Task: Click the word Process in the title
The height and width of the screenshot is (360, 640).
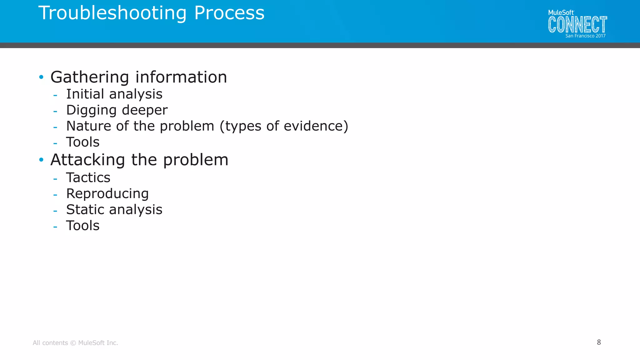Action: coord(229,13)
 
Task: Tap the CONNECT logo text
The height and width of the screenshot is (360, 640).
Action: coord(577,25)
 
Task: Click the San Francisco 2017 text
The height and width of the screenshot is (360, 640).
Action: coord(585,36)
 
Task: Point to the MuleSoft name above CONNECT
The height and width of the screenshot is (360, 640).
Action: coord(561,12)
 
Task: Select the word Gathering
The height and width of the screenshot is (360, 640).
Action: coord(90,77)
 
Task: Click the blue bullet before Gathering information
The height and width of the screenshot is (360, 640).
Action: coord(41,77)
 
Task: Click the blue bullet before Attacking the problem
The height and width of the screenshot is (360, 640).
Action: coord(41,160)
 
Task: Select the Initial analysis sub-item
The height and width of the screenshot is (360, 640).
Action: coord(114,94)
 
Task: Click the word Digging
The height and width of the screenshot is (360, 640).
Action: coord(91,110)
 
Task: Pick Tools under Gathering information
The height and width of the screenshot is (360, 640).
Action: coord(83,142)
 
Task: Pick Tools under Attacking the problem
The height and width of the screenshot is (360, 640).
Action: coord(83,226)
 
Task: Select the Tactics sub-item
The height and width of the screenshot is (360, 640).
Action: coord(88,177)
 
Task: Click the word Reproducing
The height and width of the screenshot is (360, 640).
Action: coord(107,194)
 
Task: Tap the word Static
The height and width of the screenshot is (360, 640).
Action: coord(85,209)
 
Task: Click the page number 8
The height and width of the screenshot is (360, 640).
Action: coord(599,342)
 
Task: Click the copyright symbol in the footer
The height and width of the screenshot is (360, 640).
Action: coord(73,343)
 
